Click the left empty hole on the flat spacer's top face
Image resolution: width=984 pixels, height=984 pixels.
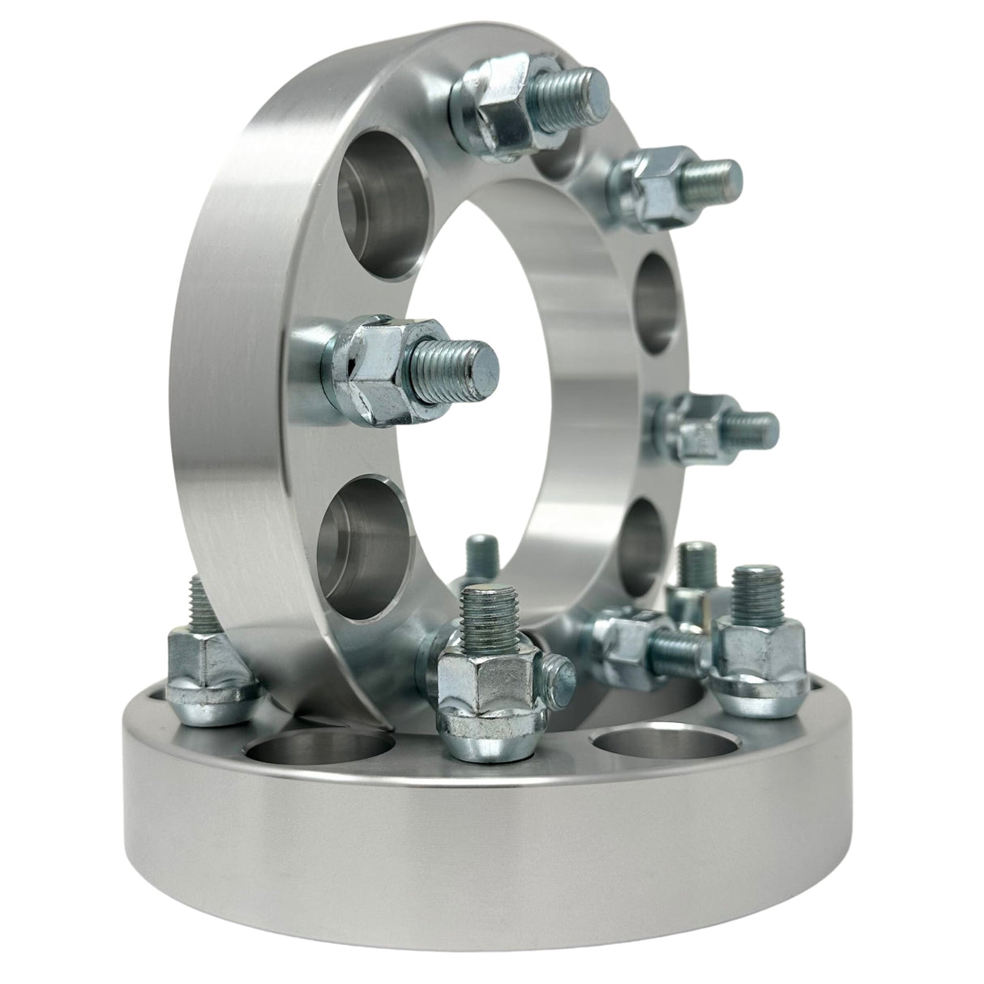point(320,750)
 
